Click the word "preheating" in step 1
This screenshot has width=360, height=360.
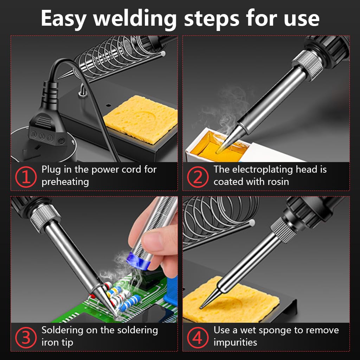click(x=65, y=182)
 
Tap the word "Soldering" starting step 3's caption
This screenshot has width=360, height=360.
click(x=64, y=330)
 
